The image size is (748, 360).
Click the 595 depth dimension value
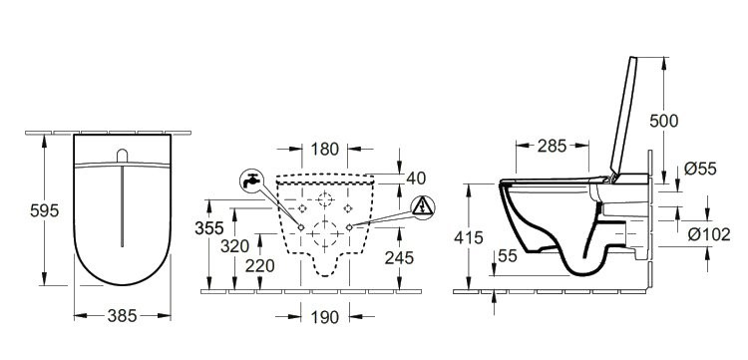point(44,210)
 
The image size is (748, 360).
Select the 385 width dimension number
point(122,316)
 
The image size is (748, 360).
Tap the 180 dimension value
point(325,149)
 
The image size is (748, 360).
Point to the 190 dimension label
point(325,317)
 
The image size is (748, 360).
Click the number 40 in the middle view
point(416,178)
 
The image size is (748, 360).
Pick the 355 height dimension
point(209,228)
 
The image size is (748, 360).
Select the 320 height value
point(234,246)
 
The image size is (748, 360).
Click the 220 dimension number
point(260,266)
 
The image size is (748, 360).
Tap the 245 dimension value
point(399,258)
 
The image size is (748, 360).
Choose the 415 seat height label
point(469,237)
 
